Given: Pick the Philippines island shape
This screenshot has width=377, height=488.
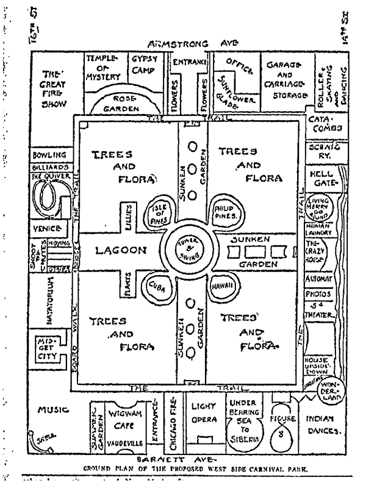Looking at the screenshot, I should [x=224, y=213].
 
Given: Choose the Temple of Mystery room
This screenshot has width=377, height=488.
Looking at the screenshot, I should [x=101, y=68].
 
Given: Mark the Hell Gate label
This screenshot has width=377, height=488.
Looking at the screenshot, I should [x=321, y=179].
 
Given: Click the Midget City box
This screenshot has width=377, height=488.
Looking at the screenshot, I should [x=49, y=348].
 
